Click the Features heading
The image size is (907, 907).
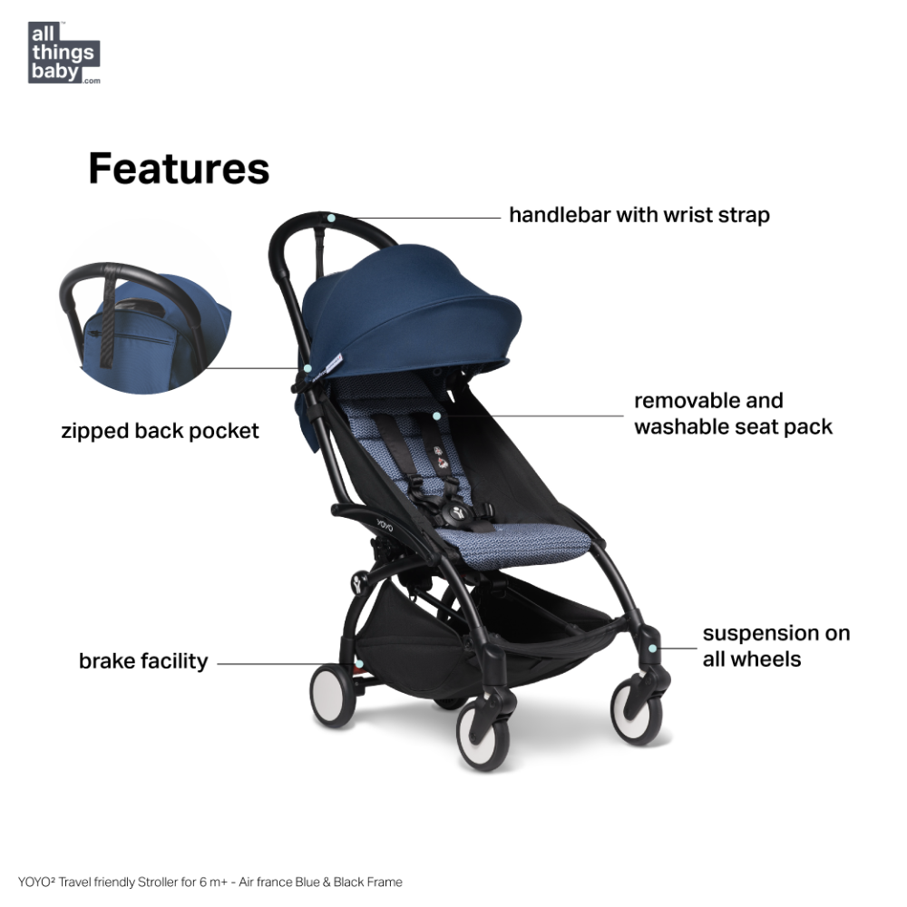[x=179, y=169]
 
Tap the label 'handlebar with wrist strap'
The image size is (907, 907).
[x=639, y=215]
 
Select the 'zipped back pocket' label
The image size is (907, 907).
[x=160, y=430]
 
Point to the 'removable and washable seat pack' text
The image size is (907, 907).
[x=733, y=414]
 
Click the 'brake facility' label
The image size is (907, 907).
[x=143, y=660]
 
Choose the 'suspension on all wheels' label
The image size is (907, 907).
[x=775, y=646]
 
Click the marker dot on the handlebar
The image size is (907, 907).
[x=333, y=219]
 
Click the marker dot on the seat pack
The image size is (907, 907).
[x=437, y=415]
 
